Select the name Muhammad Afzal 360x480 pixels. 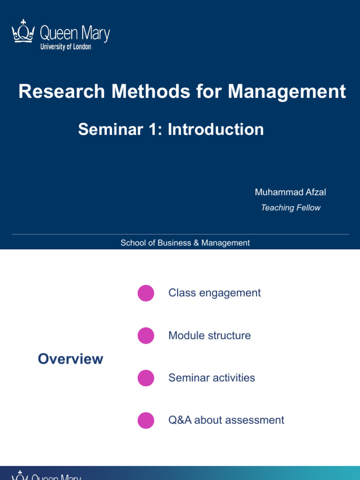pos(291,192)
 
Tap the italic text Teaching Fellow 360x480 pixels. pos(291,208)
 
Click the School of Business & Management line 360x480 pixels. pos(185,243)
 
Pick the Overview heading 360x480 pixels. pos(70,359)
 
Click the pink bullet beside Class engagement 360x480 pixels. pos(146,293)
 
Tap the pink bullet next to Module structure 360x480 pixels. pos(146,336)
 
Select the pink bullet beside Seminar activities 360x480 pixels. pos(146,378)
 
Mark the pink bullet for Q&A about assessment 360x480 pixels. pos(146,420)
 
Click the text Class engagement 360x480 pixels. pos(214,293)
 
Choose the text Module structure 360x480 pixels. pos(210,336)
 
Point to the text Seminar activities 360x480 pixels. pos(211,378)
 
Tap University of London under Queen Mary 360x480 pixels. pos(66,47)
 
